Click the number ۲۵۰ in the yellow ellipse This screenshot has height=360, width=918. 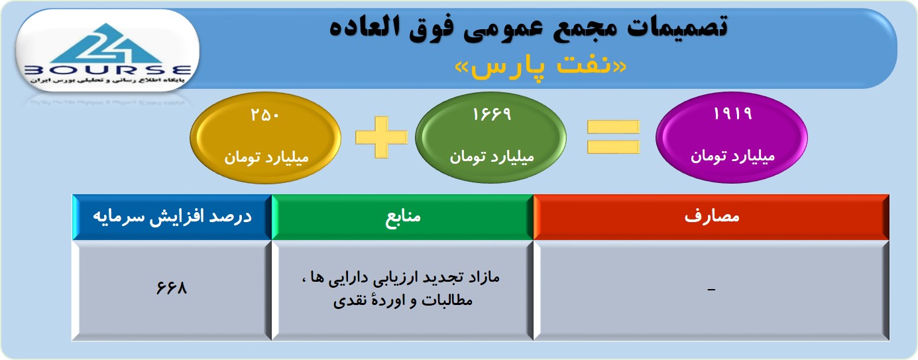(265, 115)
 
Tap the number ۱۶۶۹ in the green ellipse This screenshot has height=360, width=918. (492, 114)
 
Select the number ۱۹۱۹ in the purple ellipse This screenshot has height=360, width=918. (732, 113)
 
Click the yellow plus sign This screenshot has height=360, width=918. (381, 137)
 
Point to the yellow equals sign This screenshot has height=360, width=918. (613, 137)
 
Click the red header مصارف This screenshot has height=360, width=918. (711, 216)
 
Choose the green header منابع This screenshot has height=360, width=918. (402, 217)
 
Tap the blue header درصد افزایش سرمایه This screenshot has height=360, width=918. (172, 217)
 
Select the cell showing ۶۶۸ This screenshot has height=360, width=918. (172, 288)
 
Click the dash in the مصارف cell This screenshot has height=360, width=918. (711, 290)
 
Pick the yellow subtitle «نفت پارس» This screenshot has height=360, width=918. (541, 67)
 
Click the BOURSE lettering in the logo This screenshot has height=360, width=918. (107, 70)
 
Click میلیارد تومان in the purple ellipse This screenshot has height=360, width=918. (732, 156)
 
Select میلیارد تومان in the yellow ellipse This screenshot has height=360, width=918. (266, 158)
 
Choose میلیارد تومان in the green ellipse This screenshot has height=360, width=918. (492, 156)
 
